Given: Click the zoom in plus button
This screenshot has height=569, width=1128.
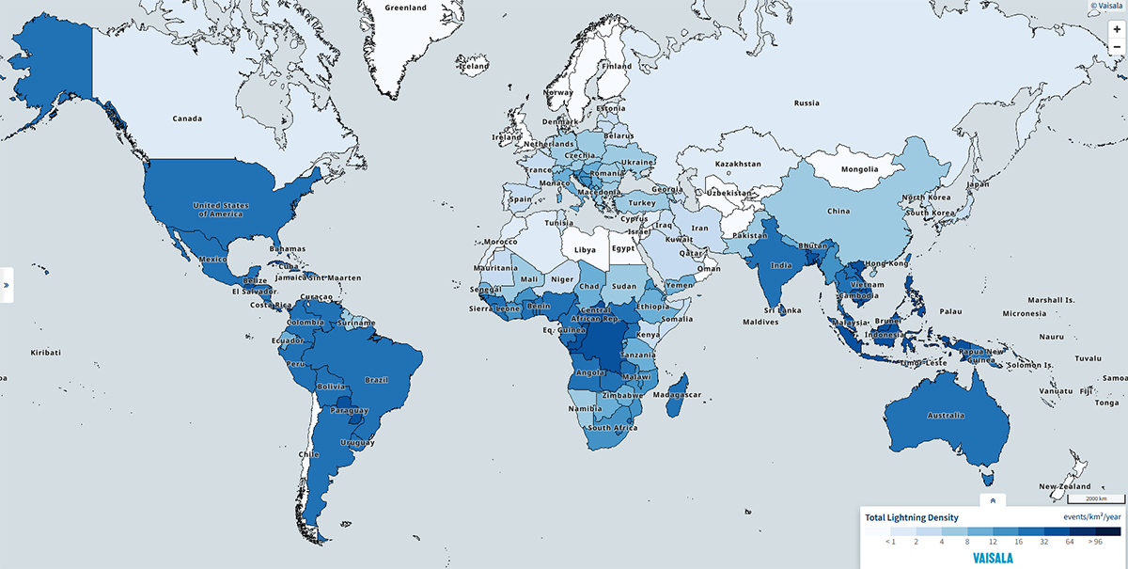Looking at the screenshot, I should (1116, 30).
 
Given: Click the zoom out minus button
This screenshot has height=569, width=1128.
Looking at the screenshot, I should (1116, 47).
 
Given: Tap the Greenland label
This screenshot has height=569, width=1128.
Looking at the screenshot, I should (406, 8).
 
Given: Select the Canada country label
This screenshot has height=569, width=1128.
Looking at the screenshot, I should (188, 119).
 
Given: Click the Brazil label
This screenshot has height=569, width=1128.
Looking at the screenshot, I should (377, 381).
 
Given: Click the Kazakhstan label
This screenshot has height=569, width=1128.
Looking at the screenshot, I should (738, 164).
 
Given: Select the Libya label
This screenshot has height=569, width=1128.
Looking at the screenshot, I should (585, 250).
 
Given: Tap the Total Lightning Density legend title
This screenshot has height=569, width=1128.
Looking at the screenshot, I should (912, 517).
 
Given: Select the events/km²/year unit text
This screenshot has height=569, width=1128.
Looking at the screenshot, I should (1091, 517).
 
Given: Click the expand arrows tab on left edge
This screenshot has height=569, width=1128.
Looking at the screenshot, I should (6, 283).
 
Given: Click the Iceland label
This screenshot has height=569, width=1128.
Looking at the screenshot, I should (474, 67).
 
